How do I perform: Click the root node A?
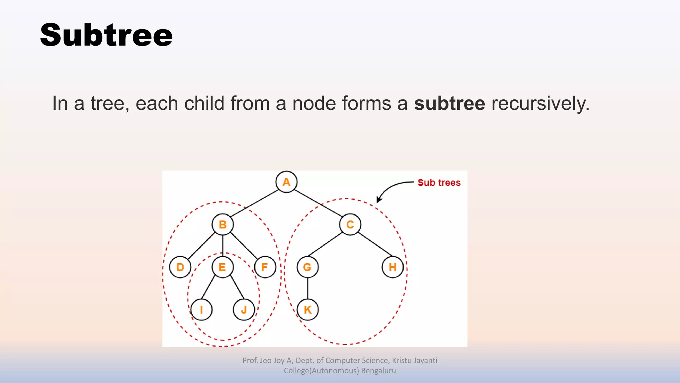tap(286, 182)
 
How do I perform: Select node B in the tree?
tap(222, 224)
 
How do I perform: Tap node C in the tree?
tap(350, 224)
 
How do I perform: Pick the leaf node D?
tap(180, 267)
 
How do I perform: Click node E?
tap(222, 267)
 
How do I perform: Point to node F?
tap(265, 267)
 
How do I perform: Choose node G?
tap(307, 267)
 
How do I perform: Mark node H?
tap(392, 267)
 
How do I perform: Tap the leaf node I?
tap(201, 310)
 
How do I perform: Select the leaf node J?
tap(244, 310)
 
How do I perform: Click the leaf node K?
tap(307, 310)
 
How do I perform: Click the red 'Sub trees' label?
tap(439, 183)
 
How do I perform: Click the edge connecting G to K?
tap(307, 288)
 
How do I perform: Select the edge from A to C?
tap(318, 203)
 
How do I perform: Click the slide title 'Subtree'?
tap(106, 35)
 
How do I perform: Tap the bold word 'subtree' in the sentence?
tap(449, 103)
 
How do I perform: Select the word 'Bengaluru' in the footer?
tap(378, 371)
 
